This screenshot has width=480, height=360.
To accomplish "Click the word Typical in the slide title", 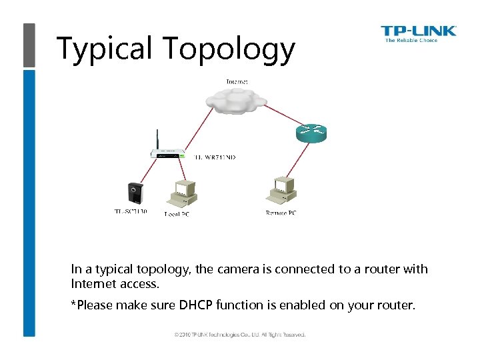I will (x=105, y=49).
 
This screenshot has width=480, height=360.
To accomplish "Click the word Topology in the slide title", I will (x=228, y=49).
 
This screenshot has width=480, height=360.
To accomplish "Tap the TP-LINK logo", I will (x=418, y=30).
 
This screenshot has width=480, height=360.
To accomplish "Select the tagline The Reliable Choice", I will (x=411, y=41).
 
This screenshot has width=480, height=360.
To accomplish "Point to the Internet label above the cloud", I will (x=237, y=81).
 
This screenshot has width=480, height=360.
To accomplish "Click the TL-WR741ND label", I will (x=215, y=158).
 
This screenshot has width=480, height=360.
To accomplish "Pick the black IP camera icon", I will (x=136, y=193).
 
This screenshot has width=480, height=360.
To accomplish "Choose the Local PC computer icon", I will (x=182, y=193).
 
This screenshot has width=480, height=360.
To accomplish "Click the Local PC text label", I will (x=177, y=213).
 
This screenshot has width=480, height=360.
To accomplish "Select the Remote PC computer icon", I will (x=281, y=191).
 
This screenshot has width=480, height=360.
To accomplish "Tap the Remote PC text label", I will (x=281, y=213).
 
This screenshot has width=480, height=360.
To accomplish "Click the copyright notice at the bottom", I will (x=240, y=334).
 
